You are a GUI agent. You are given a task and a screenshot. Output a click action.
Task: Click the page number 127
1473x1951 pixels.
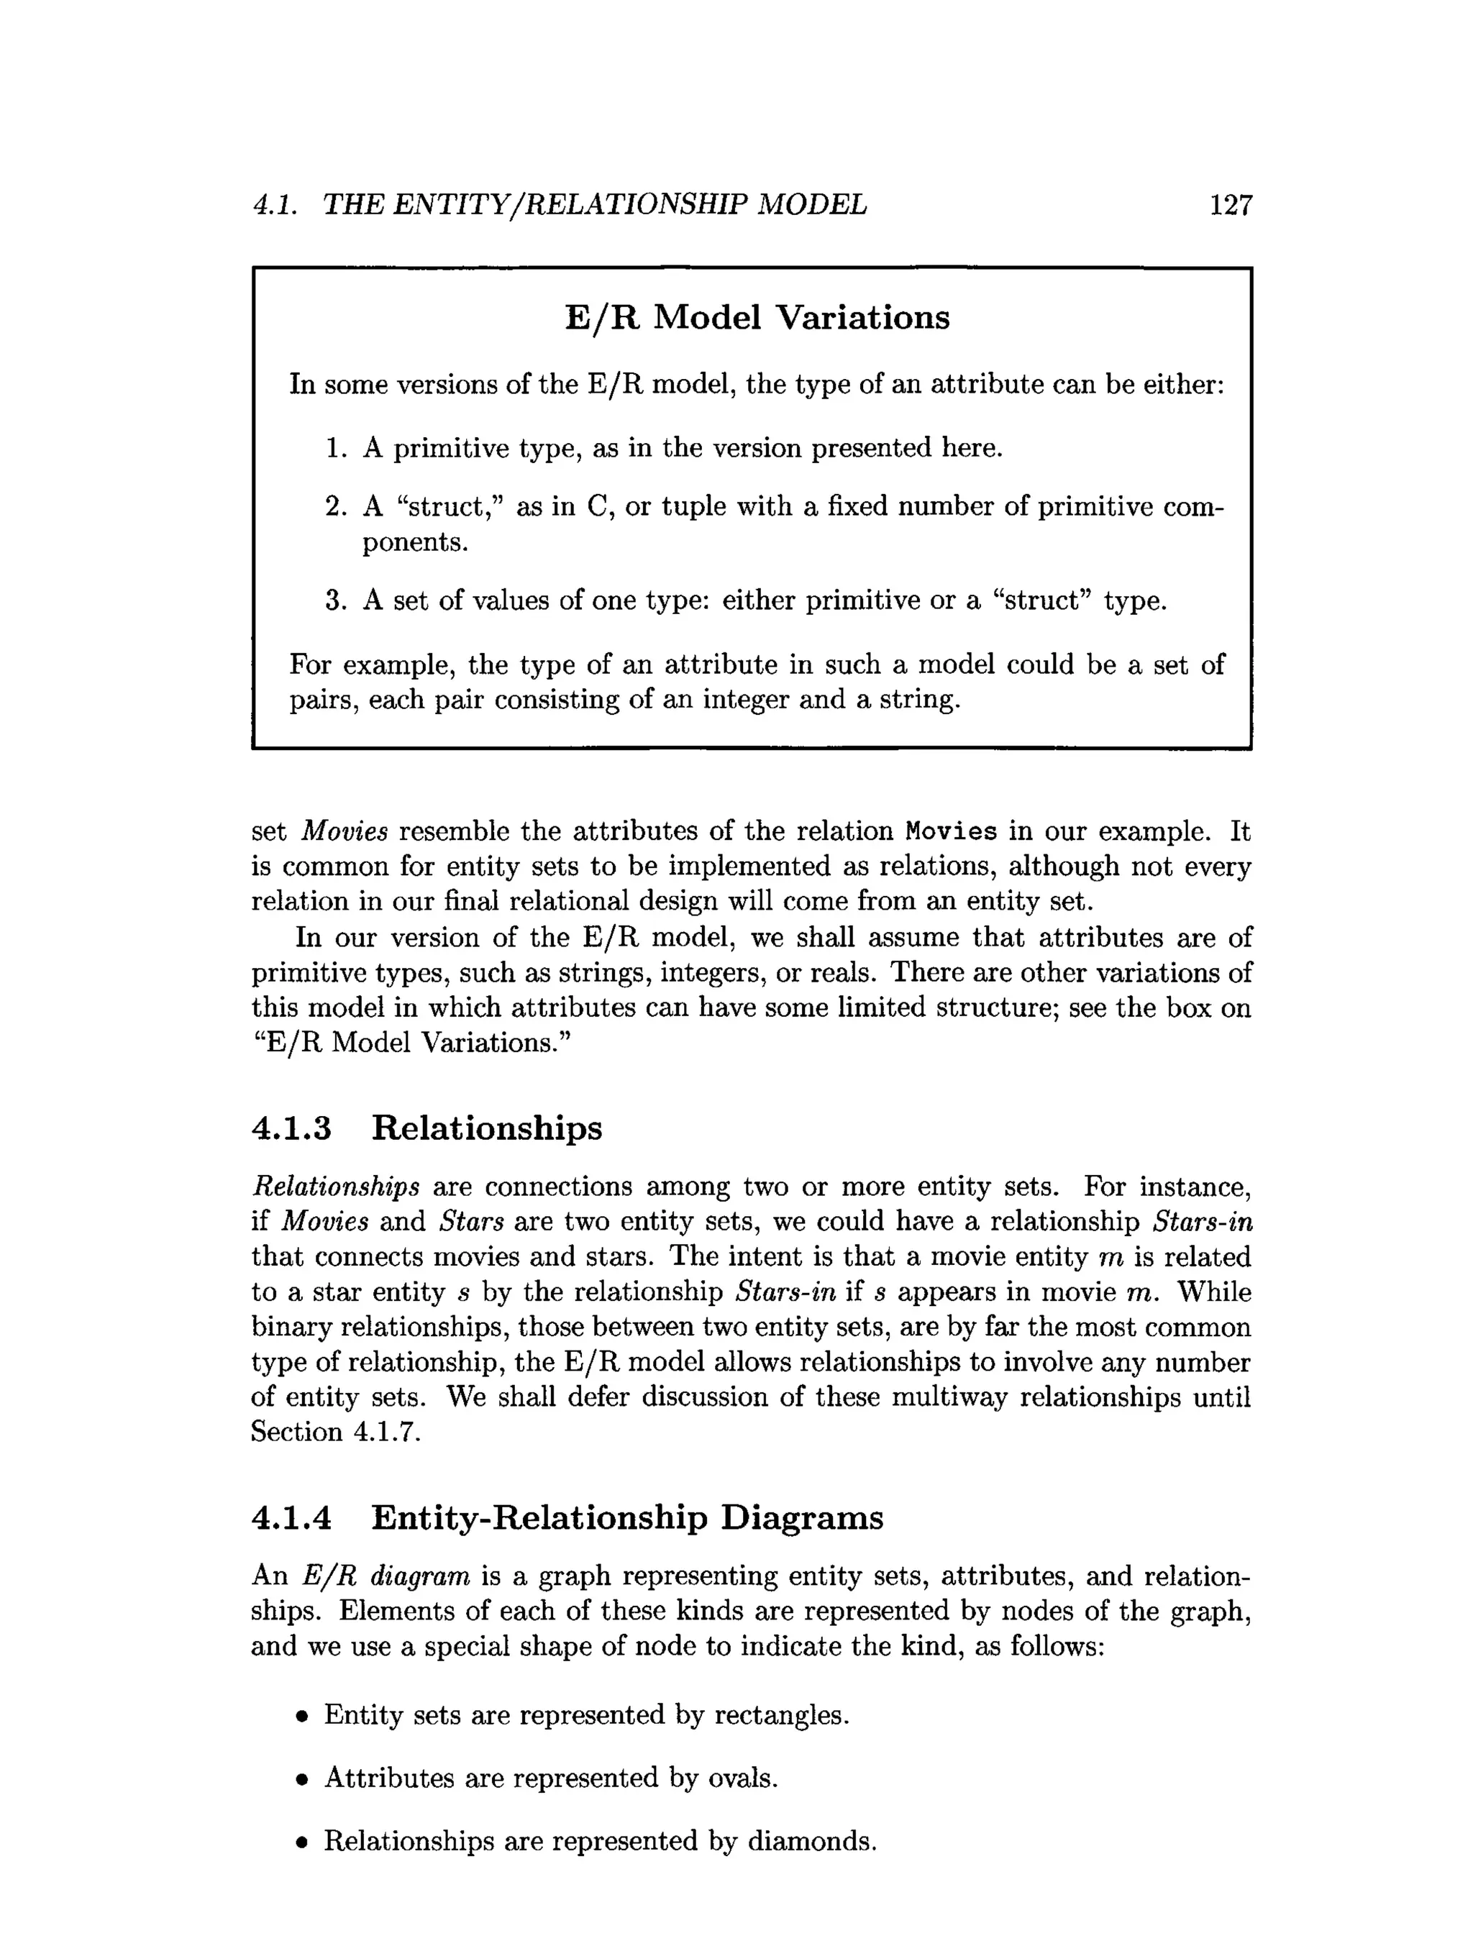click(x=1230, y=206)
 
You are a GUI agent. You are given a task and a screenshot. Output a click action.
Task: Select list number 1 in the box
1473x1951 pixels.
click(x=334, y=449)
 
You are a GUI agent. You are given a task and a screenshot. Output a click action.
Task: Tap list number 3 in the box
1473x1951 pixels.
click(x=334, y=601)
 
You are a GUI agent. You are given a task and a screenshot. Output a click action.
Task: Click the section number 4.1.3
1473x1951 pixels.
click(x=291, y=1128)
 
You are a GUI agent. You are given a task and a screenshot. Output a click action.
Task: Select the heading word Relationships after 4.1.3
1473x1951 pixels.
click(x=486, y=1128)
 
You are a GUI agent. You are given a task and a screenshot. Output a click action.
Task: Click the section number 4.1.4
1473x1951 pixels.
click(x=291, y=1518)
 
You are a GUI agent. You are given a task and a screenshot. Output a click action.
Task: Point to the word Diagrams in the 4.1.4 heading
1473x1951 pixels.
click(x=802, y=1518)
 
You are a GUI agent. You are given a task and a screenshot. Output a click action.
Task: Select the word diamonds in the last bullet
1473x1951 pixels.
click(x=811, y=1841)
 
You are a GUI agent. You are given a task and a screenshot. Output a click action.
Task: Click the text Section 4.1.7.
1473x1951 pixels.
click(x=335, y=1433)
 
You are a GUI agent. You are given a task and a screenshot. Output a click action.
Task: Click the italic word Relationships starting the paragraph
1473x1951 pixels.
click(x=335, y=1187)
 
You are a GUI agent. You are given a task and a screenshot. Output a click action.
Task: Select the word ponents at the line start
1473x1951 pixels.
click(x=414, y=544)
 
